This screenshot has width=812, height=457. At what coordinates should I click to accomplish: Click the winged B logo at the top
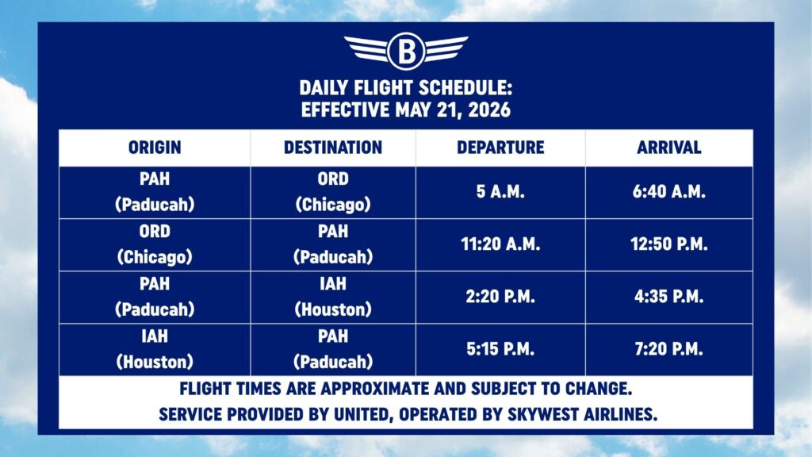click(406, 51)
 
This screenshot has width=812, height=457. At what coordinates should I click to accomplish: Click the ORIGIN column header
click(155, 148)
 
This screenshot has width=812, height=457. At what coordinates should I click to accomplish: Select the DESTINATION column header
click(333, 148)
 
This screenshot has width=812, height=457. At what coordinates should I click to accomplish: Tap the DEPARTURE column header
click(500, 148)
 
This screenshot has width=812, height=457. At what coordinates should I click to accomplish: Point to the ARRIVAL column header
click(669, 148)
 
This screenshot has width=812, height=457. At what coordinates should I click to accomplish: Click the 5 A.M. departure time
click(500, 192)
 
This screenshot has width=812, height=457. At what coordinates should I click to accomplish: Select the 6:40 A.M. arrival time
click(669, 192)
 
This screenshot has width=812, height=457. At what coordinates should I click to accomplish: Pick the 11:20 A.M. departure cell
click(500, 244)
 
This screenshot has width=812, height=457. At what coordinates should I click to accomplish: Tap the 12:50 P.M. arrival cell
click(669, 244)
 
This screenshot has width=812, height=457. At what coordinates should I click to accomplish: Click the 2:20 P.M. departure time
click(500, 297)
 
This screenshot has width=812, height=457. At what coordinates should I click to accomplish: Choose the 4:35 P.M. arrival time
click(669, 297)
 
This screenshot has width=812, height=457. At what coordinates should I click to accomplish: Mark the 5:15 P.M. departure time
click(500, 349)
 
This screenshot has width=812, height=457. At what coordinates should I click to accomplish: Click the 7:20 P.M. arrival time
click(669, 349)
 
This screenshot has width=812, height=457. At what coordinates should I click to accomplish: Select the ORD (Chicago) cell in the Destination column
click(333, 192)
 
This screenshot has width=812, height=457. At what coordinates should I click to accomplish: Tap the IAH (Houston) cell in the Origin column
click(155, 349)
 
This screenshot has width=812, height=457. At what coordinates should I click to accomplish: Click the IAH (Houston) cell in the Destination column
click(333, 297)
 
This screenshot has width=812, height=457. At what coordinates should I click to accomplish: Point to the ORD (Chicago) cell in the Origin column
click(155, 244)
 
